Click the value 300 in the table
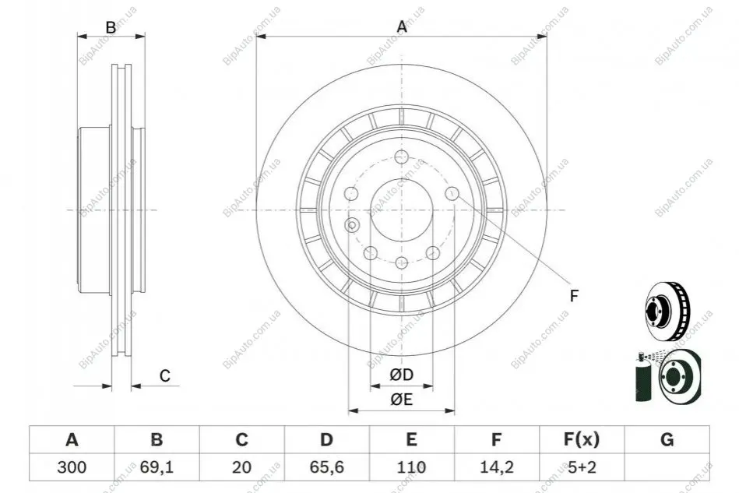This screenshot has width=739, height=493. click(x=72, y=467)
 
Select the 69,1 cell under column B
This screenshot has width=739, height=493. click(x=157, y=467)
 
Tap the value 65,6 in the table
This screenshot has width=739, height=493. click(x=326, y=467)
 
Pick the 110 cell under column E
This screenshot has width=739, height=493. click(x=411, y=467)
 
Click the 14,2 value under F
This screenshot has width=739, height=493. click(x=496, y=467)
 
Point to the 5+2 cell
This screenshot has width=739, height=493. click(x=582, y=467)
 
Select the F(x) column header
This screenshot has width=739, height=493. click(x=582, y=440)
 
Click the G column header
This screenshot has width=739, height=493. click(x=667, y=440)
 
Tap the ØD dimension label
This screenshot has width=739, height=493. click(x=402, y=375)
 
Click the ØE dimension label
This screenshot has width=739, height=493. click(x=402, y=400)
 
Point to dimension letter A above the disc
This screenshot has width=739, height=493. click(x=402, y=26)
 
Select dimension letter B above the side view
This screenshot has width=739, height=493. click(x=111, y=27)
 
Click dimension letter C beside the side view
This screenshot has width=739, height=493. click(x=164, y=375)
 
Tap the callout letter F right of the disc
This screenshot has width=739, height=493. click(x=574, y=296)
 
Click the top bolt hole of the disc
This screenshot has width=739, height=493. click(x=402, y=157)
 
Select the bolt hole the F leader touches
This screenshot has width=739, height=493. click(x=452, y=193)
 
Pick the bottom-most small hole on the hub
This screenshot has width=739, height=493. click(x=402, y=262)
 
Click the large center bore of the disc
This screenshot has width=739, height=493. click(x=402, y=210)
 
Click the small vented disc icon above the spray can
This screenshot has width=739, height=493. click(x=667, y=311)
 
